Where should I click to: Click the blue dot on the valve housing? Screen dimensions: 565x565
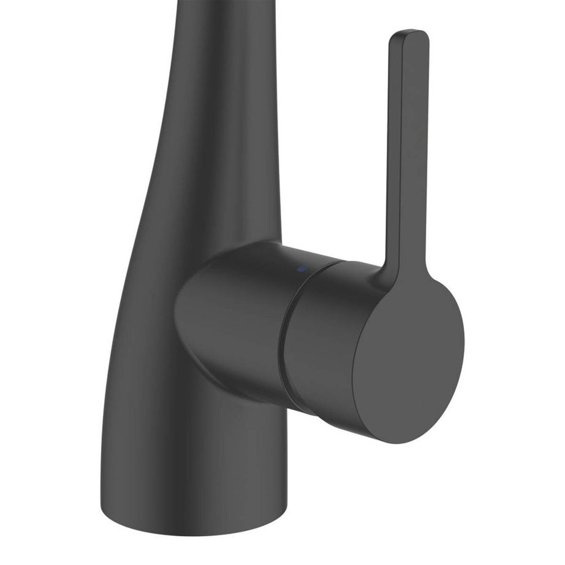coord(300,269)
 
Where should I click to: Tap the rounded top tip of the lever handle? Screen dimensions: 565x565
coord(408,34)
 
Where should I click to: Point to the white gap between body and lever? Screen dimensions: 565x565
coord(331,153)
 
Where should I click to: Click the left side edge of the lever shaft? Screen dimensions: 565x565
coord(389,153)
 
